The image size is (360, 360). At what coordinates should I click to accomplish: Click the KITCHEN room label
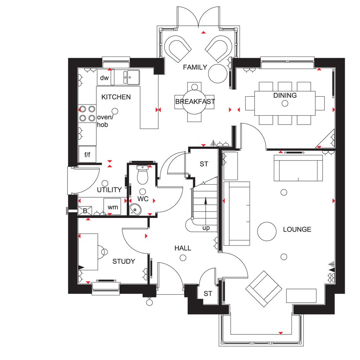tap(116, 97)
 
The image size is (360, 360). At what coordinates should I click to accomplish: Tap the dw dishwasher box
tap(104, 77)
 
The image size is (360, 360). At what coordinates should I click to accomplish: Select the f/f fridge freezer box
tap(87, 154)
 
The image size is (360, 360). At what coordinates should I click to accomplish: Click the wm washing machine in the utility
tap(112, 206)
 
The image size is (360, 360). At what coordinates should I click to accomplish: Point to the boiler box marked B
tap(85, 211)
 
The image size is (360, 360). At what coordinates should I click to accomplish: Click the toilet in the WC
tap(142, 174)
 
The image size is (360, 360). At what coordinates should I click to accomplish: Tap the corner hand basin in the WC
tap(135, 209)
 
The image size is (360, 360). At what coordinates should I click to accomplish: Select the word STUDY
tap(123, 261)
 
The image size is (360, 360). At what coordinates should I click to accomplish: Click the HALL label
tap(183, 248)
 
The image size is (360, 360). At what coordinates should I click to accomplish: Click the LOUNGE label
tap(297, 229)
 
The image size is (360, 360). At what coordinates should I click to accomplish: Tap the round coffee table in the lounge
tap(266, 231)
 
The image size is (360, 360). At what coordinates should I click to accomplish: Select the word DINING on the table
tap(285, 95)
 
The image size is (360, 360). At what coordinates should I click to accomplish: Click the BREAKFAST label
tap(195, 102)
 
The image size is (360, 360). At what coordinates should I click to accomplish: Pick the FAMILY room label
tap(195, 67)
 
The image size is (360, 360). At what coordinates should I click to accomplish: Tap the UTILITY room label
tap(109, 189)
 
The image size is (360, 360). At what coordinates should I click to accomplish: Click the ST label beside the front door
tap(208, 294)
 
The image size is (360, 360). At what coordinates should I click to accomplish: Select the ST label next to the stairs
tap(204, 164)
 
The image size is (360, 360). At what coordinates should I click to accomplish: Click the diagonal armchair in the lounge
tap(264, 289)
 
